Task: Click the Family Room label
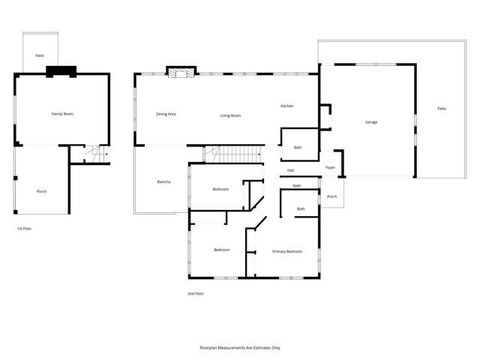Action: pos(62,114)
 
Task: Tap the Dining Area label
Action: pos(166,114)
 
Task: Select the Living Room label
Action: pos(230,115)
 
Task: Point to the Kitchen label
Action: pos(286,106)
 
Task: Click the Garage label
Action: pos(370,121)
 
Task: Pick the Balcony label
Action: pos(163,182)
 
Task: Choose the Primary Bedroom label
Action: pos(287,251)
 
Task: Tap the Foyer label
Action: pos(330,168)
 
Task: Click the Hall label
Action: pos(290,171)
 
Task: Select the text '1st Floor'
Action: pos(24,228)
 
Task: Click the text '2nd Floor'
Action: pos(195,293)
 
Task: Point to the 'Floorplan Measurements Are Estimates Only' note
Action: pos(240,348)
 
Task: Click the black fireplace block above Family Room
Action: pos(61,71)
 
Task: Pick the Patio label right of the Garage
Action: pos(441,109)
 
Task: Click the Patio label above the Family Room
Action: pos(39,56)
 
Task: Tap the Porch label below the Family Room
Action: pos(42,191)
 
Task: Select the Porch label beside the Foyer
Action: pos(331,196)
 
